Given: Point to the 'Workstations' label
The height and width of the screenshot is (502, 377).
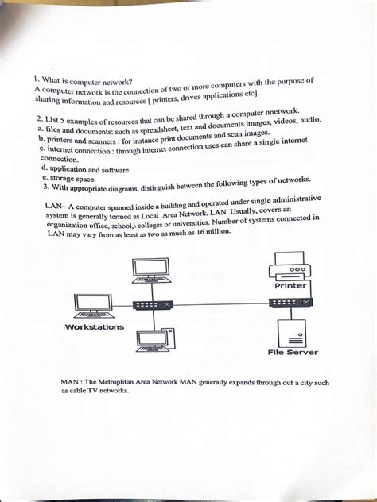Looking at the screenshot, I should coord(94,327).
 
